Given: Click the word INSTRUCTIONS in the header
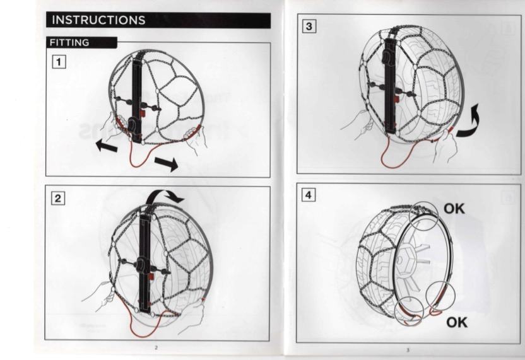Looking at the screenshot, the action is pos(98,20).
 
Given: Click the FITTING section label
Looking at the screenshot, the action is pos(69,42).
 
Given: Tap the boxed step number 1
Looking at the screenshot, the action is pos(59,62).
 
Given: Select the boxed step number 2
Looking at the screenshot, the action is pos(58,199).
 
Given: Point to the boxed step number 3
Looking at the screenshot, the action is pos(309,26).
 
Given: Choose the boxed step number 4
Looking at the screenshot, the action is pos(309,195).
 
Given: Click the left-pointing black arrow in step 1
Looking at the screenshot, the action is pos(107,146).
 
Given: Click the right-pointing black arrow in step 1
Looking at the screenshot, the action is pos(167,163).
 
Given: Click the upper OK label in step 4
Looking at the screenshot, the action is pos(454,209).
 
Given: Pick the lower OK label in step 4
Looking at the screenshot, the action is pos(457,322).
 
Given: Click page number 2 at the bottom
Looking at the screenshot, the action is pos(156,347).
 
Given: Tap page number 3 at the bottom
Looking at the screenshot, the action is pos(408,350).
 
